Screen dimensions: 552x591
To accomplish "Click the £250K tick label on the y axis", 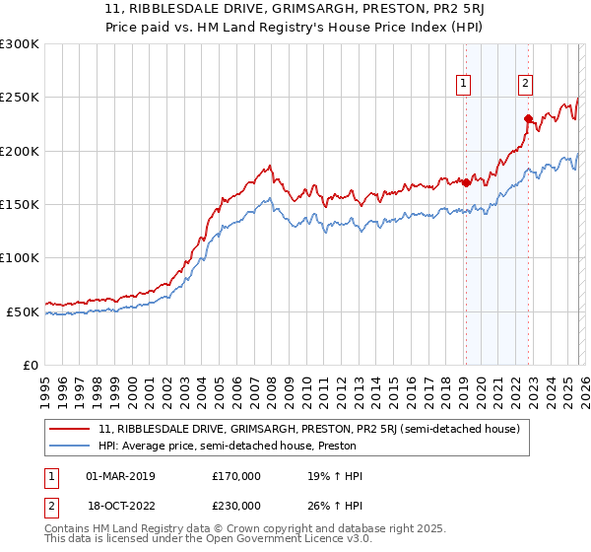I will point(20,98).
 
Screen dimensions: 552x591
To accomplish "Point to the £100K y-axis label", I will point(20,258).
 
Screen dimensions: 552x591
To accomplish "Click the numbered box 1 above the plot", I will point(463,85).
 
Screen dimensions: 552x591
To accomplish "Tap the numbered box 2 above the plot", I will point(526,85).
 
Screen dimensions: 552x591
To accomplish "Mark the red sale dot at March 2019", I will point(465,182).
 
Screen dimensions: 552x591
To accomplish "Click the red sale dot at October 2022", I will point(528,119).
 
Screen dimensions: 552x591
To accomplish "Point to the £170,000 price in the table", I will point(236,476).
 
